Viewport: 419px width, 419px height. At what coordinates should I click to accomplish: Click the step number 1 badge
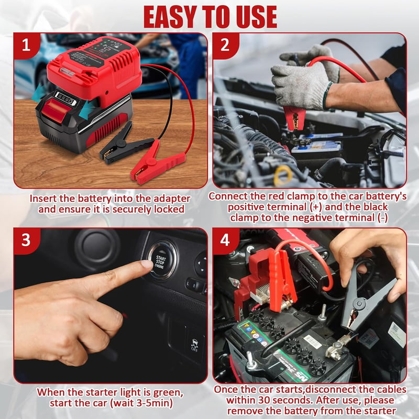26,46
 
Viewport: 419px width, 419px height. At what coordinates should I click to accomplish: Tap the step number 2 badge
225,46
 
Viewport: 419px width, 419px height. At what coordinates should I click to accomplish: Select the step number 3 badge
26,240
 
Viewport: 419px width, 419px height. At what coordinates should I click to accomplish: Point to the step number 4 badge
225,240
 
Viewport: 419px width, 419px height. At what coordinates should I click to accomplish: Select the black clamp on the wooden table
121,145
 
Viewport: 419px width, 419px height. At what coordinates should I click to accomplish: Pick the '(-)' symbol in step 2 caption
383,218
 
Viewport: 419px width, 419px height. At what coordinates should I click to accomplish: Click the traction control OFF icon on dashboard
194,345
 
